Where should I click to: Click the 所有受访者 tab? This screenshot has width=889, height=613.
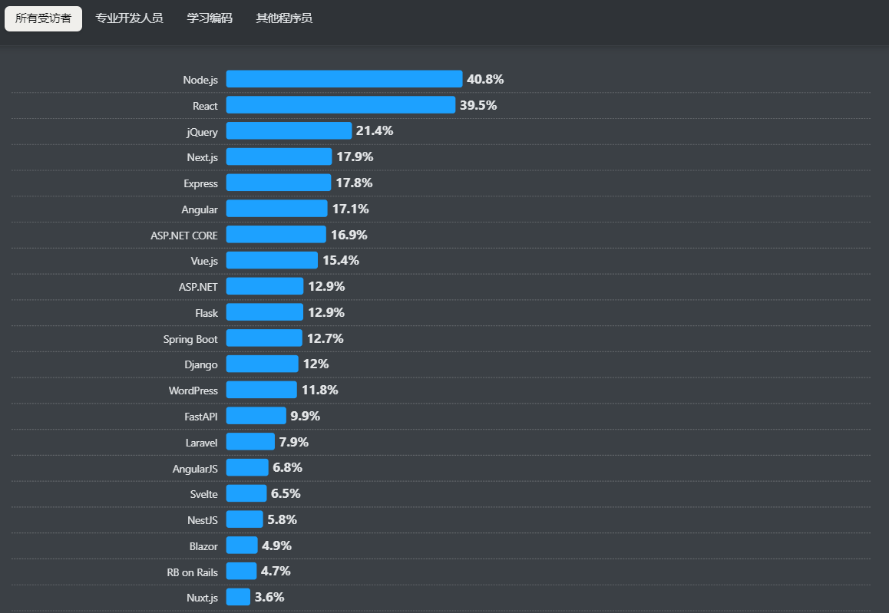click(43, 18)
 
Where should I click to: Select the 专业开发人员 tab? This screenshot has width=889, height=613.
click(129, 18)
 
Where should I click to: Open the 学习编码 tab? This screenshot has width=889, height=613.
click(210, 18)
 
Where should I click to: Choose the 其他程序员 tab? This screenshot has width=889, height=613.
click(284, 18)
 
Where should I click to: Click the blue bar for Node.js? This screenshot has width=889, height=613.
click(344, 79)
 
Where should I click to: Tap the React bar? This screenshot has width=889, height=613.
click(340, 105)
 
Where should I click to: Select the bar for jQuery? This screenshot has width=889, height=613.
click(289, 131)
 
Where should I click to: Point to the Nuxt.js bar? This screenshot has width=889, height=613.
click(238, 597)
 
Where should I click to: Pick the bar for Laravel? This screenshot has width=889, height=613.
click(250, 442)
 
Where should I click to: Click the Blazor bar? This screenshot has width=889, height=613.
click(242, 545)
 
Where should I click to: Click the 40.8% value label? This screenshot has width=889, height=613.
click(485, 79)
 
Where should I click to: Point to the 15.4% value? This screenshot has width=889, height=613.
click(341, 260)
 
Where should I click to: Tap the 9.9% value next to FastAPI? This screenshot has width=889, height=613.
click(305, 416)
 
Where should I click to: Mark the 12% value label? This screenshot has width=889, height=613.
click(316, 364)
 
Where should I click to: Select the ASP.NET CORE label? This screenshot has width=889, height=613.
click(184, 236)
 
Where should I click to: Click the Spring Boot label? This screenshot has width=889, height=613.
click(190, 339)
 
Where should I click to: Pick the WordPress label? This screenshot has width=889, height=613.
click(193, 391)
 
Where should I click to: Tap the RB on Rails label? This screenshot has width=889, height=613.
click(192, 572)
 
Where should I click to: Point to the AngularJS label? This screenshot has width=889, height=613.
click(195, 468)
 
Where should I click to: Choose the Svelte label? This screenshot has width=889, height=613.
click(203, 494)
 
